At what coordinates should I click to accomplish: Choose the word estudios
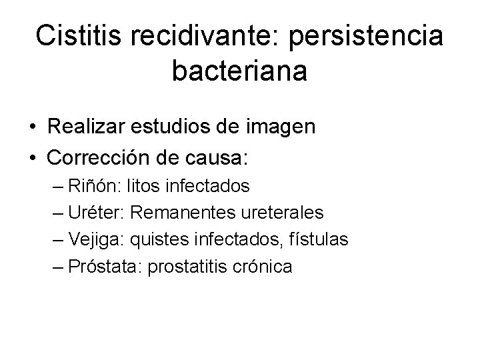coord(176,128)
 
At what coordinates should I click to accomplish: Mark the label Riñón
coord(97,185)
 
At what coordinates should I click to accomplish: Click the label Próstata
coord(105,267)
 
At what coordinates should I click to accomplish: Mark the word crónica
coord(262,267)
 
